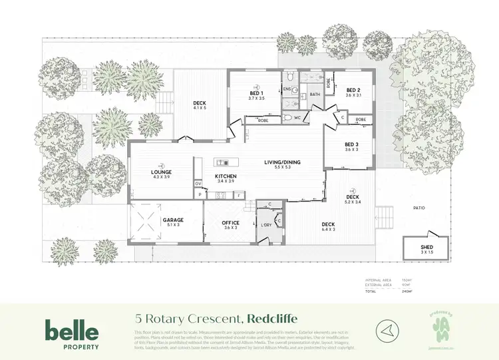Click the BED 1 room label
(x=257, y=93)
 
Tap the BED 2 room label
(x=353, y=90)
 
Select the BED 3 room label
(x=351, y=144)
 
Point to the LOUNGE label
(x=162, y=172)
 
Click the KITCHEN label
(x=226, y=176)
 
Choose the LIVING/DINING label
(x=279, y=162)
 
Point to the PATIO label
(x=418, y=208)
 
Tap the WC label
(x=297, y=118)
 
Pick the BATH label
(x=315, y=94)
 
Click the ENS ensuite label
(x=287, y=89)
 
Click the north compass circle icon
(x=385, y=328)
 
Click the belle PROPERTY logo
(x=72, y=333)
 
